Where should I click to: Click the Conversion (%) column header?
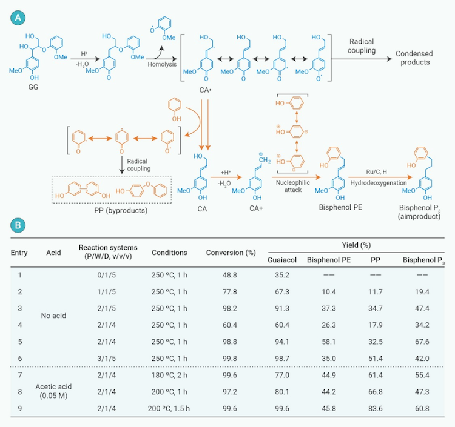point(231,252)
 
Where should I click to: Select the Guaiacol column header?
point(281,261)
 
